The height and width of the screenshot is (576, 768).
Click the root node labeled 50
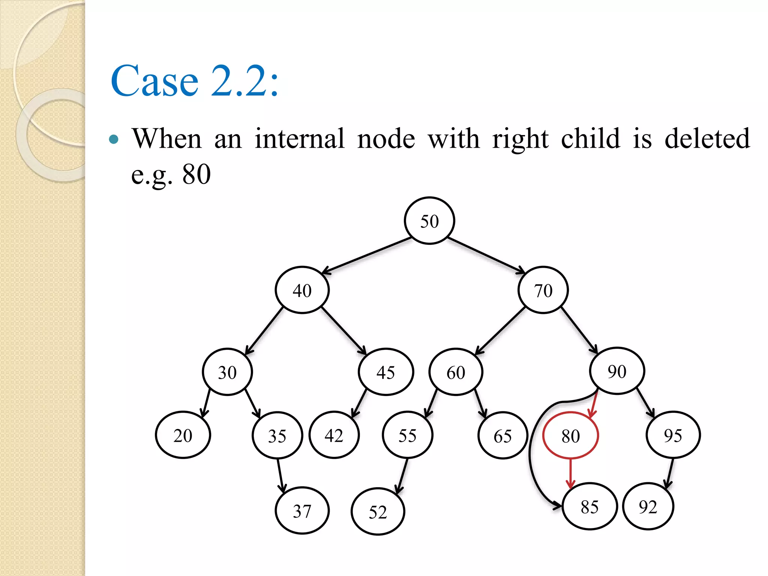click(429, 221)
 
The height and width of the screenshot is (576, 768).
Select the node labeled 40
click(302, 290)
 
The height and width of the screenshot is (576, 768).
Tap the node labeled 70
click(543, 290)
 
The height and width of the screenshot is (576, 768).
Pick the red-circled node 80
click(570, 435)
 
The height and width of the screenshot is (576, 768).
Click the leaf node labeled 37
click(302, 511)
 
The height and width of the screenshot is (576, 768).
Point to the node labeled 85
click(589, 507)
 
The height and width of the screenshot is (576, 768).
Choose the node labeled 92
click(648, 507)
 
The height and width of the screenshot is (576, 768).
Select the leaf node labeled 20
click(183, 435)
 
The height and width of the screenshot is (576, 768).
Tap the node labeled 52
click(378, 511)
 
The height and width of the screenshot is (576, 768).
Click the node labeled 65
click(502, 436)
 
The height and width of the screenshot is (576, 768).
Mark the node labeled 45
click(385, 372)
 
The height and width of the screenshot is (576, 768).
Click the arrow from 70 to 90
click(579, 330)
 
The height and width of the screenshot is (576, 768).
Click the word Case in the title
click(154, 81)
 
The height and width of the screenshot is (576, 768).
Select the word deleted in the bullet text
click(707, 139)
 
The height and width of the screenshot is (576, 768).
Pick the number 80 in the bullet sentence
click(196, 174)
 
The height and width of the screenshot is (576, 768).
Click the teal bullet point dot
click(114, 140)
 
